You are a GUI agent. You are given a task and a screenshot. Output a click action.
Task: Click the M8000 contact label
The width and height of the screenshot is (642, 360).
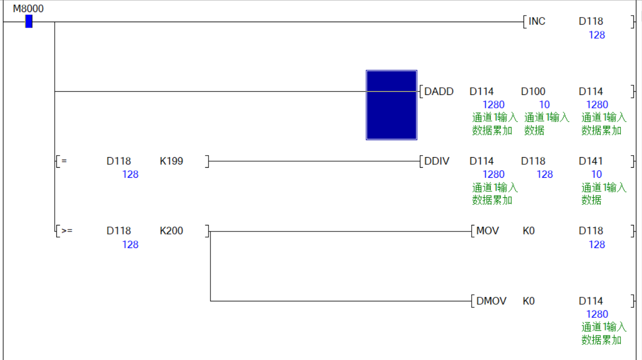tap(28, 9)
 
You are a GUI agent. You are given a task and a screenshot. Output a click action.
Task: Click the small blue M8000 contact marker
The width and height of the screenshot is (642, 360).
tap(29, 21)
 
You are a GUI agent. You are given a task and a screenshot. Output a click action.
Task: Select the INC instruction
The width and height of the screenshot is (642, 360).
tap(537, 21)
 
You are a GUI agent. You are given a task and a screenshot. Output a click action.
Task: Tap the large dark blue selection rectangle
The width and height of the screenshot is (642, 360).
tap(391, 104)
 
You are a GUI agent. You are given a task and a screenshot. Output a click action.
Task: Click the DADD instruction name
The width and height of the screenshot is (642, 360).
tap(439, 91)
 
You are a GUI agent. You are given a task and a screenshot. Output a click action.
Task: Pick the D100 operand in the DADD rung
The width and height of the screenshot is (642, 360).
tap(533, 91)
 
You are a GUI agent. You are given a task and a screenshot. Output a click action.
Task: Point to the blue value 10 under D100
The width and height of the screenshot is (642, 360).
tap(545, 104)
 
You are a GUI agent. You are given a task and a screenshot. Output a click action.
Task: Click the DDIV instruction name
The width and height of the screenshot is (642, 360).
tap(437, 161)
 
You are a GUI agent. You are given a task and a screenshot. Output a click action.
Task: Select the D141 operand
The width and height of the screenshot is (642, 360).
tap(591, 161)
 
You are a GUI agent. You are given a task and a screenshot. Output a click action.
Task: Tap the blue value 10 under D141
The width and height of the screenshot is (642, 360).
tap(596, 174)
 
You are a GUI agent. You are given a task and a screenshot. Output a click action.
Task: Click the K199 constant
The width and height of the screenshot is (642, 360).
tap(171, 161)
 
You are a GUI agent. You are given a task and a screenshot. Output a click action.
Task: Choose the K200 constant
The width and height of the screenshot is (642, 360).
tap(171, 231)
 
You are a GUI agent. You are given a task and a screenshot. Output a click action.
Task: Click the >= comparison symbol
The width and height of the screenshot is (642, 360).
tap(67, 231)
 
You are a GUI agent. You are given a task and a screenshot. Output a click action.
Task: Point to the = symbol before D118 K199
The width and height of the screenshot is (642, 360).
tap(64, 161)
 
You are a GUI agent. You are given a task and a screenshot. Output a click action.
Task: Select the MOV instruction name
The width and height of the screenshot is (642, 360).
tap(487, 231)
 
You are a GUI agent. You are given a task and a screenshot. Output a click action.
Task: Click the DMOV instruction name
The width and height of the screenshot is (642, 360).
tap(491, 301)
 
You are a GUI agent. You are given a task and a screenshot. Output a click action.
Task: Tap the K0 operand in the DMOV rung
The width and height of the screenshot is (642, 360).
tap(529, 301)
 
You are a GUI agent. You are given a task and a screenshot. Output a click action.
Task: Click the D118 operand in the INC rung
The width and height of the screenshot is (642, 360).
tap(591, 21)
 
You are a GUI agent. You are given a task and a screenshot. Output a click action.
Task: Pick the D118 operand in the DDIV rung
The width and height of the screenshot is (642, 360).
tap(533, 161)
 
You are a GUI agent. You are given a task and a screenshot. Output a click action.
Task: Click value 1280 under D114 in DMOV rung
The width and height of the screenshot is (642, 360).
tap(597, 314)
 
